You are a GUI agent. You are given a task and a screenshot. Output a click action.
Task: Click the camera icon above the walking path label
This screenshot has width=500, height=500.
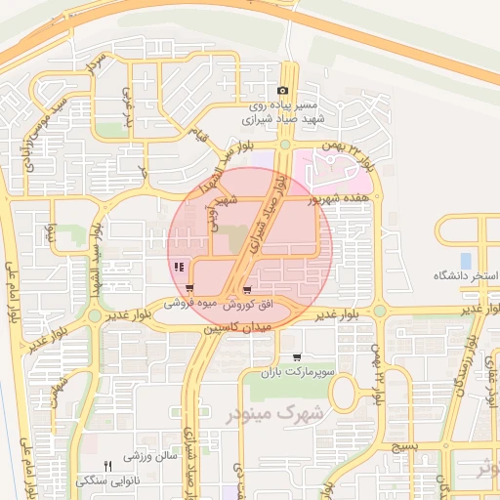click(283, 91)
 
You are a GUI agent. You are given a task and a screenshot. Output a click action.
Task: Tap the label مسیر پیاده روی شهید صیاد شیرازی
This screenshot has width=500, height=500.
click(283, 110)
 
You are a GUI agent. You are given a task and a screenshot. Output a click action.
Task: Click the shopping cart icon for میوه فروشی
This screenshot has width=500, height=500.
click(188, 289)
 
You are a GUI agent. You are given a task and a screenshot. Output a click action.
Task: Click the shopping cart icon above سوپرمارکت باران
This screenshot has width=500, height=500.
click(296, 357)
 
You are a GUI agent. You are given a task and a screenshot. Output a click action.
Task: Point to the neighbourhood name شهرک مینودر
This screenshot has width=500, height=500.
click(260, 415)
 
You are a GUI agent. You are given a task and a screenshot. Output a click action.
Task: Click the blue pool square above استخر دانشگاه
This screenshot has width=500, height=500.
click(466, 261)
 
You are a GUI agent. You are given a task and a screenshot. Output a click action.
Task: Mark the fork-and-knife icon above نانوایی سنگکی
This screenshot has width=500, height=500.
click(108, 465)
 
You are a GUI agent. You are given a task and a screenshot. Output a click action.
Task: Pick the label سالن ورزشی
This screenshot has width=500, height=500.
click(151, 456)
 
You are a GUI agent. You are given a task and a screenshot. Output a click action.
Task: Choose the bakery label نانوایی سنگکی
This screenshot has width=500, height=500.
click(108, 480)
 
